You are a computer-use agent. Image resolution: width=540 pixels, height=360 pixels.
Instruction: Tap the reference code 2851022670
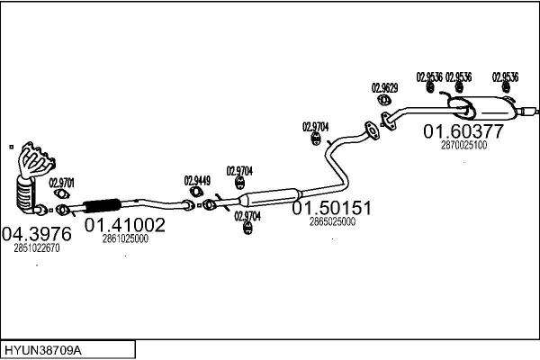(37, 248)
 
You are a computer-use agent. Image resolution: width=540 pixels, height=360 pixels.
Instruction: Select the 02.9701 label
(62, 184)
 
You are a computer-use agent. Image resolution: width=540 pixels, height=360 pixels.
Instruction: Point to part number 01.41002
(125, 225)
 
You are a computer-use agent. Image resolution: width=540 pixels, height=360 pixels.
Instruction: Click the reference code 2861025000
(125, 238)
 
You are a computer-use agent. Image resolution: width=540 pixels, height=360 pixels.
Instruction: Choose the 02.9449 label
(197, 180)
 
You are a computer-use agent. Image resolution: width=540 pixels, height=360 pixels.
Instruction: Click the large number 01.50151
(331, 208)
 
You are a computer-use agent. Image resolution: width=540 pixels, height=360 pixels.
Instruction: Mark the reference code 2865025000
(331, 220)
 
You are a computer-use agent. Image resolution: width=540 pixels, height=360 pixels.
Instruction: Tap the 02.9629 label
(384, 88)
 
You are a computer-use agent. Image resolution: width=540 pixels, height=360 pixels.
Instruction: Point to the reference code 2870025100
(463, 145)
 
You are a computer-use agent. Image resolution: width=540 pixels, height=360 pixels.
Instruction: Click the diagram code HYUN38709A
(46, 347)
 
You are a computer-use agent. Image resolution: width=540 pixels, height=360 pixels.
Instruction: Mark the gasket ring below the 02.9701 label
(62, 212)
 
